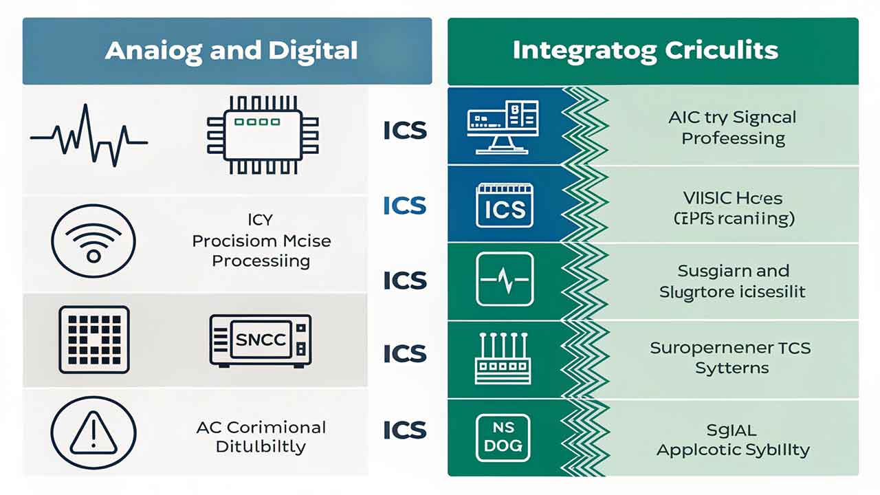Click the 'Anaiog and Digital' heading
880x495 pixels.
(231, 51)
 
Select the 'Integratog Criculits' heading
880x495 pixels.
(645, 51)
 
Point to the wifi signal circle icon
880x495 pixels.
(93, 241)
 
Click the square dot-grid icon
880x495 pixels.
(94, 340)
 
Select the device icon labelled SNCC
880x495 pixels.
(261, 340)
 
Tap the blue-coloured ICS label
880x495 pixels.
(404, 205)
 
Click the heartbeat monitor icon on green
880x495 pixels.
(505, 279)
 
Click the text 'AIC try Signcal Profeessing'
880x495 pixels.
(732, 127)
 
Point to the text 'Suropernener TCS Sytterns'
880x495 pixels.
(731, 357)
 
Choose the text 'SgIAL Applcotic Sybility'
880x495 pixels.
(732, 441)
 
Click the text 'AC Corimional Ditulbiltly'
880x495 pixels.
(261, 437)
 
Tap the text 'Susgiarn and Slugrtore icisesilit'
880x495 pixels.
(733, 280)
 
